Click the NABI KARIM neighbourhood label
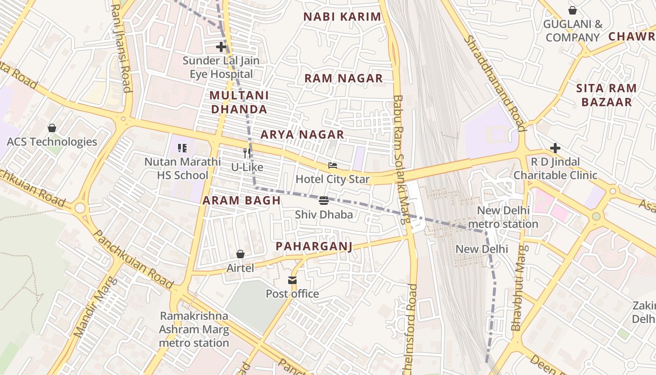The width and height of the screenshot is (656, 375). click(x=342, y=17)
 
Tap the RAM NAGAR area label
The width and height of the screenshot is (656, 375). click(x=343, y=78)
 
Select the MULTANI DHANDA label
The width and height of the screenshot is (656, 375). click(x=239, y=102)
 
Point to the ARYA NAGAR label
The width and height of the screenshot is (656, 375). click(x=302, y=135)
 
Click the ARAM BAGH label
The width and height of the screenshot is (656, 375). click(x=241, y=201)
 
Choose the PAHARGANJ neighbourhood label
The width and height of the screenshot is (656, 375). click(x=313, y=246)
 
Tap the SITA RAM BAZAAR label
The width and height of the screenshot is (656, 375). click(x=606, y=95)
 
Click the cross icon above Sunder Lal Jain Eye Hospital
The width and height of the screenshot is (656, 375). click(x=221, y=47)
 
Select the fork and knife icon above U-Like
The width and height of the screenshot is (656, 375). click(x=247, y=153)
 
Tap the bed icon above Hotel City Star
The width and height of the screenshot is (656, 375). click(x=333, y=165)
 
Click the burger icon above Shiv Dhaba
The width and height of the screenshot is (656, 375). click(x=323, y=201)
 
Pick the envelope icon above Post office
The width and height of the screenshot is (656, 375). click(x=292, y=280)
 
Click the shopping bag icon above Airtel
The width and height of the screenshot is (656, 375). click(x=240, y=254)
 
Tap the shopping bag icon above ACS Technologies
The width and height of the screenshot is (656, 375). click(x=52, y=128)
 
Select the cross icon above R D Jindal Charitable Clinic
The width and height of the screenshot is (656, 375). click(x=555, y=148)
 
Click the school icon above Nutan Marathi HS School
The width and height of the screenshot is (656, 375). click(x=182, y=148)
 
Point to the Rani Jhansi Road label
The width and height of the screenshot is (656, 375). click(x=120, y=49)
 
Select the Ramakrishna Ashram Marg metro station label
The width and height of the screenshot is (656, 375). click(x=194, y=330)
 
